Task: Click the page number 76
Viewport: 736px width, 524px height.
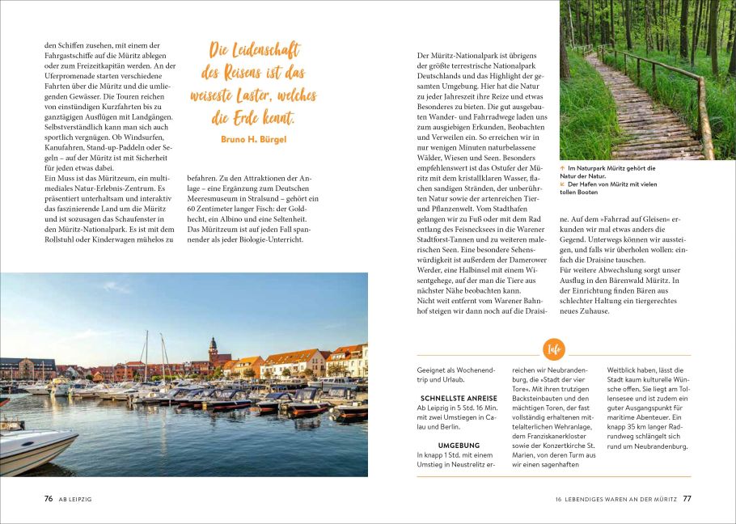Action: (x=49, y=499)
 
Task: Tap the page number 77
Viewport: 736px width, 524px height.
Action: (x=687, y=499)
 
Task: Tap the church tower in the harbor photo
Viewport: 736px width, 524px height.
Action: (x=213, y=349)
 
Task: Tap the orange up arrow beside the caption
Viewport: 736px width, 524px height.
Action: (x=563, y=168)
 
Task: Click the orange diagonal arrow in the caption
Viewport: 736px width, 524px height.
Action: (x=563, y=184)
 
